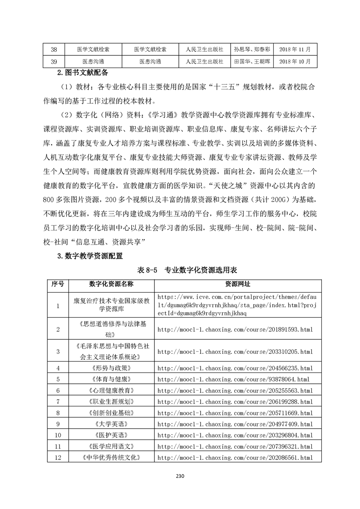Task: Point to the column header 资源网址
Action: [x=237, y=284]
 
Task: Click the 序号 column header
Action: [x=58, y=284]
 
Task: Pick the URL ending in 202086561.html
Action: [x=235, y=458]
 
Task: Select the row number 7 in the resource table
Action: [x=58, y=401]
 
